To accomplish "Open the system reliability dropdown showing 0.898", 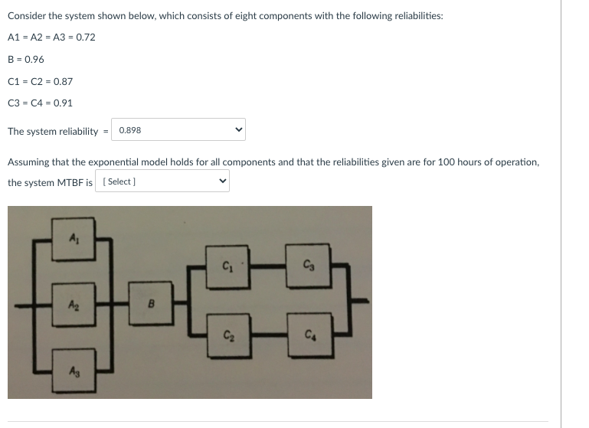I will pyautogui.click(x=179, y=130).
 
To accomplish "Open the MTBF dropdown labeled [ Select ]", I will pyautogui.click(x=162, y=181).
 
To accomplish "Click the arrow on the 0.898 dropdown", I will pyautogui.click(x=237, y=130).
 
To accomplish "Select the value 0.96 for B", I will pyautogui.click(x=32, y=59).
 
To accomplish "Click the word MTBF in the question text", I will pyautogui.click(x=69, y=182).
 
